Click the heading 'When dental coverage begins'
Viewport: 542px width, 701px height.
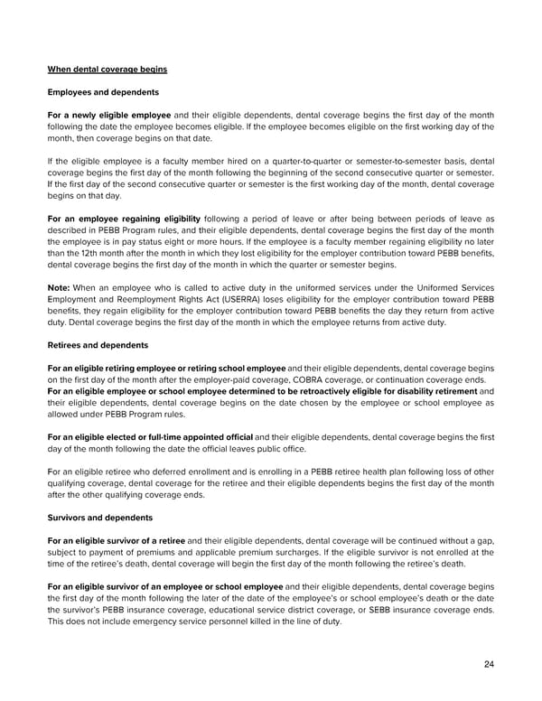tap(107, 70)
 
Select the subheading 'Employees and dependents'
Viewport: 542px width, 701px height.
tap(102, 92)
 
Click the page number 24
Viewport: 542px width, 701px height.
tap(489, 665)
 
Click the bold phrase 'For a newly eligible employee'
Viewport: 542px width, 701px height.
tap(107, 115)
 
